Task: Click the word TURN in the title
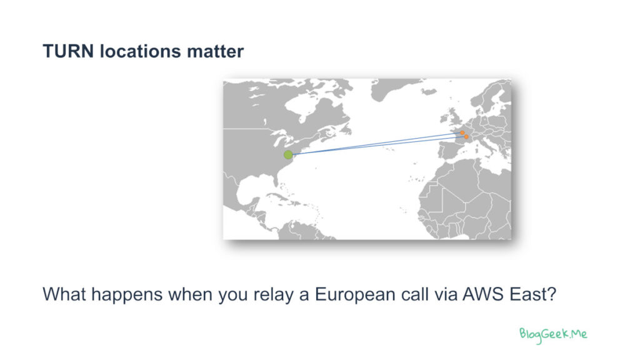tap(68, 52)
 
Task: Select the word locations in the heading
tap(140, 52)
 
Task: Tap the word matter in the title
tap(215, 52)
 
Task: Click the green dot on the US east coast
tap(288, 155)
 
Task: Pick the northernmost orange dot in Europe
tap(462, 132)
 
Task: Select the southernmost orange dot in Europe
tap(466, 137)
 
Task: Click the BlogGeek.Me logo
tap(553, 335)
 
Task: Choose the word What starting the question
tap(64, 294)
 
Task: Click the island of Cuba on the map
tap(282, 198)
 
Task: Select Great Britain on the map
tap(454, 116)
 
